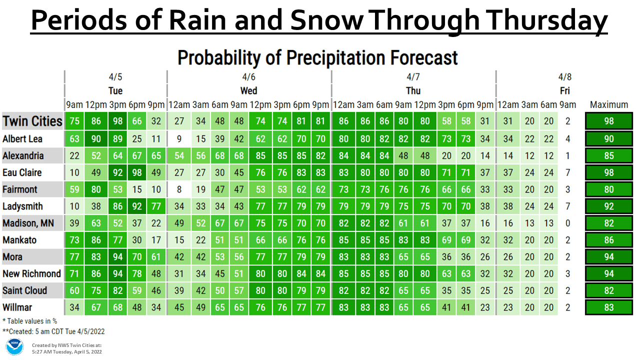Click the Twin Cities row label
pos(32,121)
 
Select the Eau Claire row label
pos(22,172)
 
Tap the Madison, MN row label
pos(28,223)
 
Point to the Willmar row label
pos(17,307)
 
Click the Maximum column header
pos(609,105)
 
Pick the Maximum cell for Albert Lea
pos(609,139)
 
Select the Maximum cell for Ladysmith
pos(609,206)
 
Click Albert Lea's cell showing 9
pos(179,139)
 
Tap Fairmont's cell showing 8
pos(179,189)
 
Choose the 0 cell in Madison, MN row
pos(567,223)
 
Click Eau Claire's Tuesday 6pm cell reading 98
pos(137,172)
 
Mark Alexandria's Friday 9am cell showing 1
pos(567,155)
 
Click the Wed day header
pos(248,91)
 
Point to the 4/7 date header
pos(413,77)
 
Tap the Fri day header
pos(565,91)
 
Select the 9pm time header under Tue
pos(156,105)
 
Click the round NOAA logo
pos(14,347)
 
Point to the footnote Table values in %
pos(30,321)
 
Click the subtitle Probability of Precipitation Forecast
pos(317,57)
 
